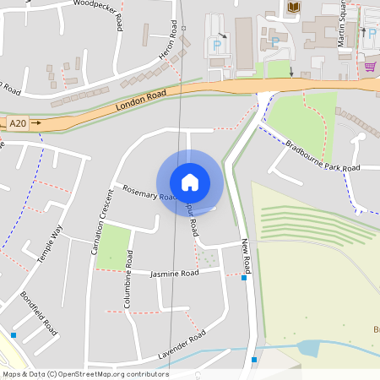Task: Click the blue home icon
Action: click(x=189, y=182)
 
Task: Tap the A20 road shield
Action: click(x=18, y=123)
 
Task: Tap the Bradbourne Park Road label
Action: click(x=323, y=156)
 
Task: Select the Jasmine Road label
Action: click(x=174, y=274)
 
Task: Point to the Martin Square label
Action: click(x=341, y=24)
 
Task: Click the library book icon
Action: click(x=293, y=8)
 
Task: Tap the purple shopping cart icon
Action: click(x=369, y=66)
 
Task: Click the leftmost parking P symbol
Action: click(x=217, y=44)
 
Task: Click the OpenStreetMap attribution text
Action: click(x=85, y=374)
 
